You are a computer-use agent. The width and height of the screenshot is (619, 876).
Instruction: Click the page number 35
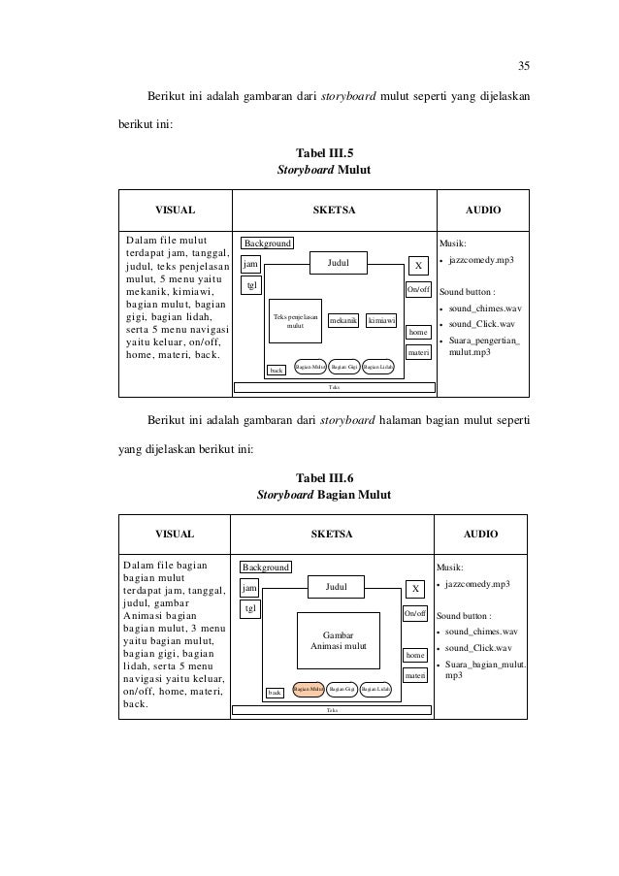(x=523, y=66)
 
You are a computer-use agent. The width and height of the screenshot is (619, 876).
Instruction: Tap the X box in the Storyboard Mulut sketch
(x=417, y=265)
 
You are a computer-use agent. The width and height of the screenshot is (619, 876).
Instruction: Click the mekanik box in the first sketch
(x=342, y=320)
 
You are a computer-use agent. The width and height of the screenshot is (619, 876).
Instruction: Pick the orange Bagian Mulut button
(x=309, y=690)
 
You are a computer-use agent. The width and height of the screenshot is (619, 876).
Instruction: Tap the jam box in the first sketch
(x=250, y=263)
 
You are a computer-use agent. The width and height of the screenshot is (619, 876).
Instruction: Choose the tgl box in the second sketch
(x=250, y=608)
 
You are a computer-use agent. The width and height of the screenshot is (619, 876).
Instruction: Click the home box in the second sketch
(x=416, y=656)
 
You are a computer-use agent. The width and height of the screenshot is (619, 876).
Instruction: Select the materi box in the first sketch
(x=418, y=352)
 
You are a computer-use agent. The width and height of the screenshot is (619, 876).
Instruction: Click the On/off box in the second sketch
(x=418, y=614)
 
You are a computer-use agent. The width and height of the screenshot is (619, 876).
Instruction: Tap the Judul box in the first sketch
(x=338, y=262)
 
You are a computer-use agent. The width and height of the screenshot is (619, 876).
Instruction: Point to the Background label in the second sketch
(x=266, y=567)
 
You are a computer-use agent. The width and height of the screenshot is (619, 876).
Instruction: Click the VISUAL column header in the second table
(x=176, y=534)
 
